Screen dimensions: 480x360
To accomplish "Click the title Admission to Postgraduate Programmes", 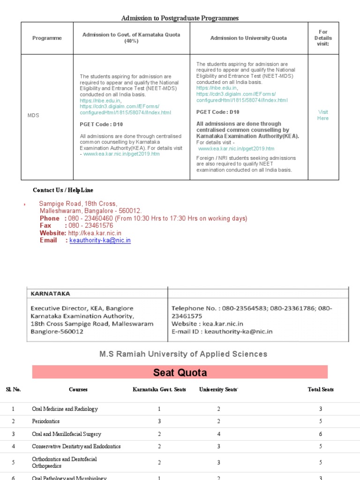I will pyautogui.click(x=180, y=18).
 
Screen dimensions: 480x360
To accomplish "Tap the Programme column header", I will pyautogui.click(x=47, y=38).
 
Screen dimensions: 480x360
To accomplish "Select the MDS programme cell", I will pyautogui.click(x=33, y=115).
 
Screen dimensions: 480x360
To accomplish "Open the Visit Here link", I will pyautogui.click(x=323, y=115).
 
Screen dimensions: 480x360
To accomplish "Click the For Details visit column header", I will pyautogui.click(x=323, y=38).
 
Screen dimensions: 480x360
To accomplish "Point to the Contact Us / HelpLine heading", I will pyautogui.click(x=63, y=190).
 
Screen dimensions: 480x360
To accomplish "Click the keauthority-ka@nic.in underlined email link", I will pyautogui.click(x=100, y=240).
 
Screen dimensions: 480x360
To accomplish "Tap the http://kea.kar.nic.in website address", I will pyautogui.click(x=95, y=233).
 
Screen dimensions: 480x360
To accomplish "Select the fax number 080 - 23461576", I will pyautogui.click(x=90, y=225).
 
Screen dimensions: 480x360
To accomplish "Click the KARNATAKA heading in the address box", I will pyautogui.click(x=50, y=293).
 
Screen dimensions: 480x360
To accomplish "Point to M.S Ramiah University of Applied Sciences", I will pyautogui.click(x=183, y=354).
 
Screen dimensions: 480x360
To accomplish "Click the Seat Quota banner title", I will pyautogui.click(x=180, y=373).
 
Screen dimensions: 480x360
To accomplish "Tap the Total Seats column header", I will pyautogui.click(x=321, y=390).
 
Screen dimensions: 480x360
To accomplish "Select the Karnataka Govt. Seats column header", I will pyautogui.click(x=159, y=390).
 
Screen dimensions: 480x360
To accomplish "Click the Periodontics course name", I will pyautogui.click(x=45, y=421).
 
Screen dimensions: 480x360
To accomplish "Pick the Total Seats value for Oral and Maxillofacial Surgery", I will pyautogui.click(x=321, y=434).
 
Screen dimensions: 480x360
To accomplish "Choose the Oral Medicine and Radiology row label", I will pyautogui.click(x=65, y=409).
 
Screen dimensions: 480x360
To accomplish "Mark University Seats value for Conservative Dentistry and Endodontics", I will pyautogui.click(x=218, y=447).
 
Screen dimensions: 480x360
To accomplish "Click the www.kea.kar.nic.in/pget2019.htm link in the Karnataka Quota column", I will pyautogui.click(x=121, y=154).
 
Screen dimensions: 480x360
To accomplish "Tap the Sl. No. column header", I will pyautogui.click(x=13, y=390).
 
